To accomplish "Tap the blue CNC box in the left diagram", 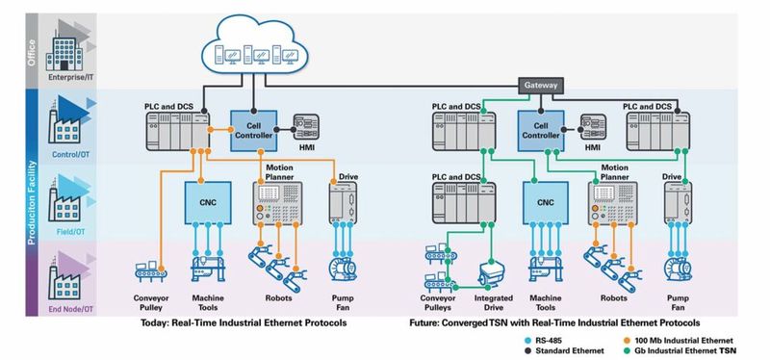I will [207, 203].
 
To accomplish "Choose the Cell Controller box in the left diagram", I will [252, 129].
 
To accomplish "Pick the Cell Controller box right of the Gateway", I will [540, 129].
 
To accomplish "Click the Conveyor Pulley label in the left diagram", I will [150, 303].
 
